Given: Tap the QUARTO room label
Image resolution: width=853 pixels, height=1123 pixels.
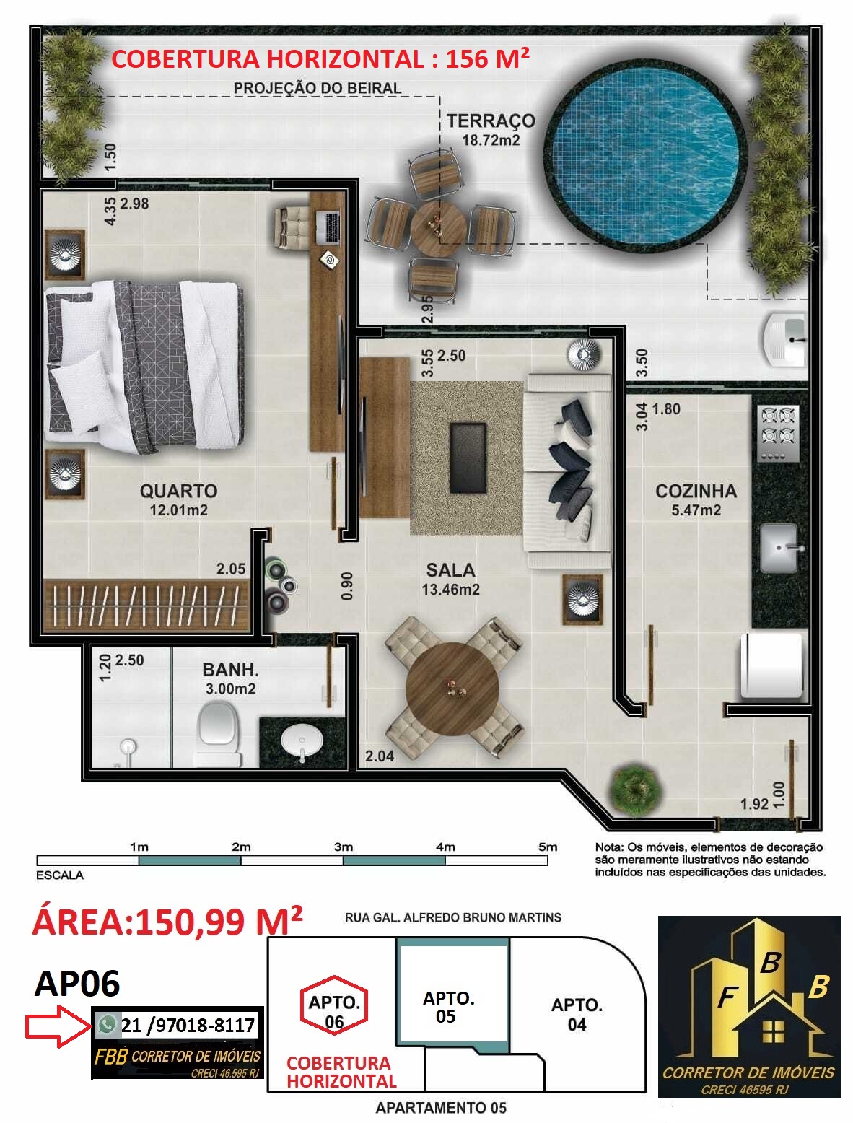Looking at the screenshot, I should pyautogui.click(x=178, y=491).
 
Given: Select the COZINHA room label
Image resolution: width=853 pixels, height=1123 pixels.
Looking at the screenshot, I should pyautogui.click(x=696, y=491).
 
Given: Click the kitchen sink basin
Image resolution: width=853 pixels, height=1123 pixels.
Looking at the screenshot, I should pyautogui.click(x=779, y=549).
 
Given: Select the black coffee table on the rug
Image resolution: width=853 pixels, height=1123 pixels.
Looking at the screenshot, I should pyautogui.click(x=468, y=458).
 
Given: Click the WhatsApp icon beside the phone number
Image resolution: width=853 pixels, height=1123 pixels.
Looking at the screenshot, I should pyautogui.click(x=108, y=1024).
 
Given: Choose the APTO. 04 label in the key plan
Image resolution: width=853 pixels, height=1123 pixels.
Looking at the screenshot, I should pyautogui.click(x=577, y=1014).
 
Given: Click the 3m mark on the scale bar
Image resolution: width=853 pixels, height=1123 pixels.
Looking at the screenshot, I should pyautogui.click(x=344, y=847).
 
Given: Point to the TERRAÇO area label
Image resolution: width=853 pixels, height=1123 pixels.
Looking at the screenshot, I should pyautogui.click(x=491, y=121).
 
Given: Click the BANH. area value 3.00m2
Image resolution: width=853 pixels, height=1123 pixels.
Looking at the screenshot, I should pyautogui.click(x=230, y=689).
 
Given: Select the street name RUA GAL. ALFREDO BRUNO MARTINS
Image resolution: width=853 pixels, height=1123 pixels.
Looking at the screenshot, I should pyautogui.click(x=453, y=917).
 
